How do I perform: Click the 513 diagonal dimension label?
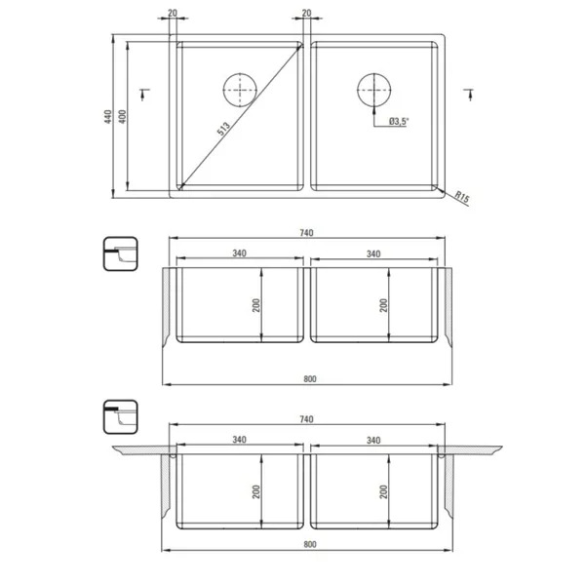coord(223,129)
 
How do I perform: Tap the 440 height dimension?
coord(108,117)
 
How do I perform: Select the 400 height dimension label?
coord(122,117)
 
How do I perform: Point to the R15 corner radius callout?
coord(462,197)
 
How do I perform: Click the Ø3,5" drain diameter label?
coord(399,121)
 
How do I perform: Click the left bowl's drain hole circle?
coord(240,90)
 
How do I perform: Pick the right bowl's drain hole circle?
coord(373,90)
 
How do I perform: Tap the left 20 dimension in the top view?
coord(173,13)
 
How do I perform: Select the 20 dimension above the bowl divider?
coord(306,13)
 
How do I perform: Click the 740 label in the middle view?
coord(306,233)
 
